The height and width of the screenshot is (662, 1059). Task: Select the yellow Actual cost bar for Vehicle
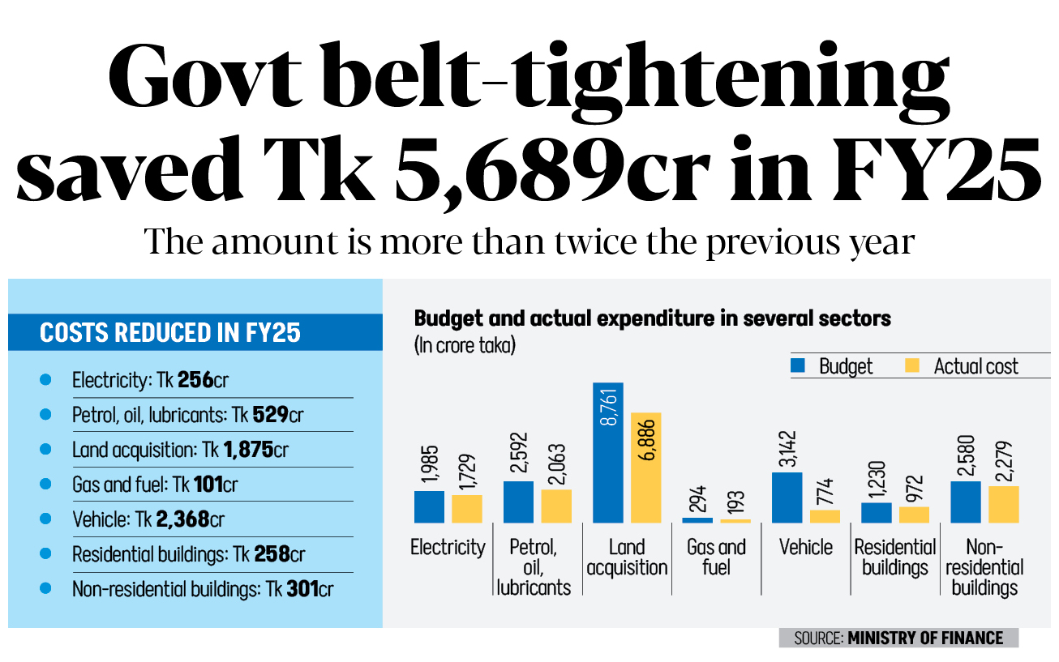pyautogui.click(x=825, y=516)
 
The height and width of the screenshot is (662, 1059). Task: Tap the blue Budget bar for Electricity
pyautogui.click(x=429, y=506)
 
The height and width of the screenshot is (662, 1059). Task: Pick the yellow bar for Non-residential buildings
pyautogui.click(x=1004, y=504)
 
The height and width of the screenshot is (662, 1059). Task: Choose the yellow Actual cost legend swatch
pyautogui.click(x=912, y=366)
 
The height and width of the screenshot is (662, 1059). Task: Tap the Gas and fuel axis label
pyautogui.click(x=716, y=557)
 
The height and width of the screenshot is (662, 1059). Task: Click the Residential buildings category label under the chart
pyautogui.click(x=895, y=557)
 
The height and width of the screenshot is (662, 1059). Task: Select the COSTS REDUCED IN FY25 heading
pyautogui.click(x=169, y=332)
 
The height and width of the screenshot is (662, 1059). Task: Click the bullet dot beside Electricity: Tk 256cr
pyautogui.click(x=45, y=379)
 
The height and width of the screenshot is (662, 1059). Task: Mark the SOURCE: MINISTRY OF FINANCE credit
pyautogui.click(x=898, y=638)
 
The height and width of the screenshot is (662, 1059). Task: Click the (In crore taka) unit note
pyautogui.click(x=465, y=346)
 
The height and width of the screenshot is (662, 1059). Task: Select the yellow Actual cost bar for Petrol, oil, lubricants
pyautogui.click(x=556, y=506)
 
